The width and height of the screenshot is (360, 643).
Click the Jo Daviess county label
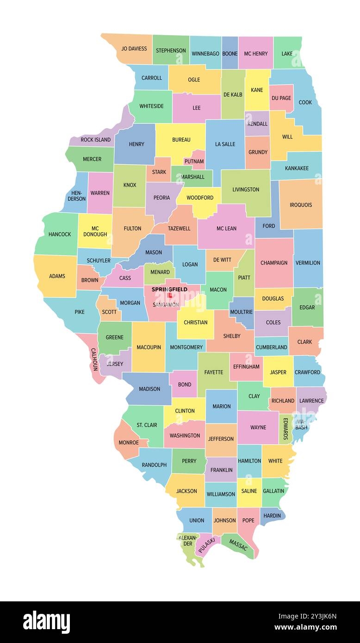(134, 49)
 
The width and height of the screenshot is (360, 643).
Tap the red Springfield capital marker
(170, 295)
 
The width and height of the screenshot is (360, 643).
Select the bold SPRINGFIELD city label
(169, 289)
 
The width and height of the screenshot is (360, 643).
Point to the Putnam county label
(193, 161)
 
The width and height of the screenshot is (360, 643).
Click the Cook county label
(305, 102)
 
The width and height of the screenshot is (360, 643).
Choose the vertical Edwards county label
(286, 429)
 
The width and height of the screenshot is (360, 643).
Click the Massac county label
(238, 546)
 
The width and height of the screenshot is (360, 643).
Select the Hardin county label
(272, 515)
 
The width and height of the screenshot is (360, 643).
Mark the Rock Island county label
(96, 140)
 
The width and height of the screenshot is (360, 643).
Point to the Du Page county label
(281, 98)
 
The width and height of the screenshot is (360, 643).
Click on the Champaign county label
(274, 263)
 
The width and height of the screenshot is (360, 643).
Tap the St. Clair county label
(147, 425)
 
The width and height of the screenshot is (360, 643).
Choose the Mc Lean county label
(226, 229)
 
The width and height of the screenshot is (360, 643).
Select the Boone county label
(230, 54)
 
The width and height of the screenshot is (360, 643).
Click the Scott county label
(109, 312)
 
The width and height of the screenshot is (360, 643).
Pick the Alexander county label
(187, 540)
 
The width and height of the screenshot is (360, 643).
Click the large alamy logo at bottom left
(47, 622)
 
